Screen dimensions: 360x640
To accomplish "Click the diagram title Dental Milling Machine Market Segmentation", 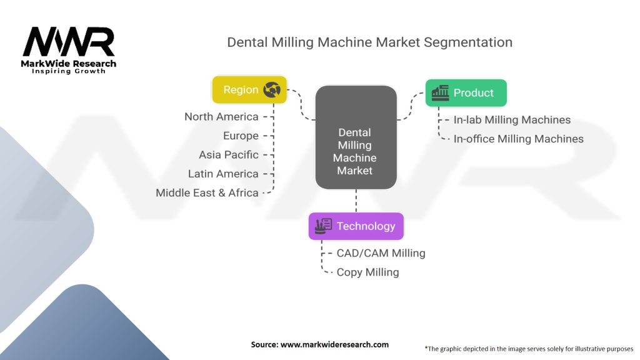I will [369, 42].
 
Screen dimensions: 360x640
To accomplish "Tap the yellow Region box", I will [249, 90].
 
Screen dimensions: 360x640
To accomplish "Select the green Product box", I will [466, 92].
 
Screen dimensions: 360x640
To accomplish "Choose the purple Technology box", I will [356, 226].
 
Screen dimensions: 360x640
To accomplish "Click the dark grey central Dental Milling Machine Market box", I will [356, 137].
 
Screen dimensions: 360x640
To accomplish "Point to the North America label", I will [221, 117].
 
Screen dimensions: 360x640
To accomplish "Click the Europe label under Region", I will [241, 136].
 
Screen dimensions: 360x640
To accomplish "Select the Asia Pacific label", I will [228, 154].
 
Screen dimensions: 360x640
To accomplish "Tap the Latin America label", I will [223, 174].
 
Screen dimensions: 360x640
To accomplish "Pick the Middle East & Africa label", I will [207, 192].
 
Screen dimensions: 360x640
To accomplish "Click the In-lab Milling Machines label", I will [512, 120].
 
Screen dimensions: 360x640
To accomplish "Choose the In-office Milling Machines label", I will [518, 139].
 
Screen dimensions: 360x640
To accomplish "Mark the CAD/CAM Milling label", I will [381, 253].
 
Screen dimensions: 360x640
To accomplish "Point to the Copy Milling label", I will [367, 272].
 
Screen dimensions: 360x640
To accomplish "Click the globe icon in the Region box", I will [272, 90].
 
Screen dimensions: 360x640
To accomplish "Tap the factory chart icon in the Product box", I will [440, 92].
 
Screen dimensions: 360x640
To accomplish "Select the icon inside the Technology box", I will [324, 226].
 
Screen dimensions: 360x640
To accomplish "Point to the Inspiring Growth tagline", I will [69, 71].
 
